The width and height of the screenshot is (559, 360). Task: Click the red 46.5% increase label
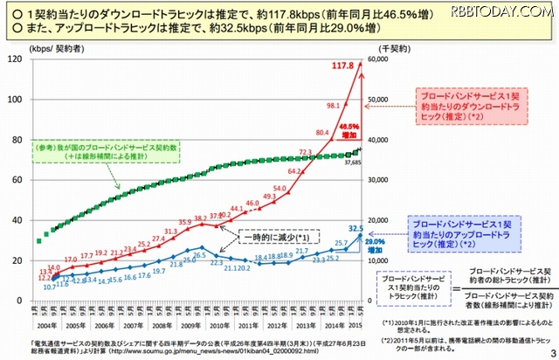349,129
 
